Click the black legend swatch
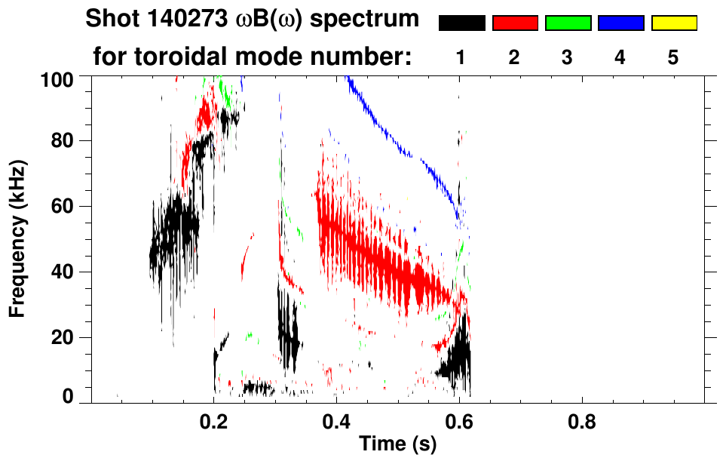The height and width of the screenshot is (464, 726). tap(461, 23)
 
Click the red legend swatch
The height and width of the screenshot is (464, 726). tap(514, 23)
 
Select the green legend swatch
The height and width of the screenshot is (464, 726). tap(568, 23)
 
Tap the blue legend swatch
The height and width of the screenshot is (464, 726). tap(620, 23)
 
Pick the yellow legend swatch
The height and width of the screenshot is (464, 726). tap(674, 23)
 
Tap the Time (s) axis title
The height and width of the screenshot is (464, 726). tap(397, 446)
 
